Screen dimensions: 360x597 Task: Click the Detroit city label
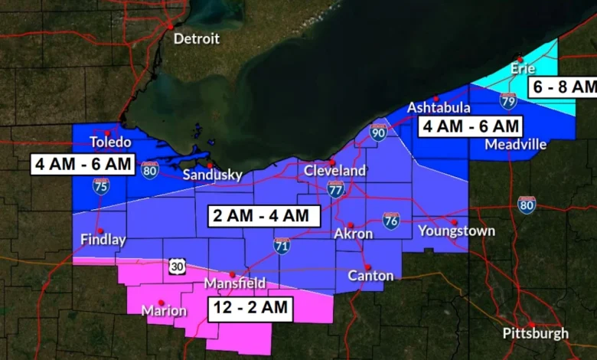[196, 38]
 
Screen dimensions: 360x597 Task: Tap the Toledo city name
[111, 142]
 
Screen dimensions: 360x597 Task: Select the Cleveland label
[335, 171]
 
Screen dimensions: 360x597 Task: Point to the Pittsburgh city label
[536, 333]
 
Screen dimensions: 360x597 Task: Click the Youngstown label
[456, 231]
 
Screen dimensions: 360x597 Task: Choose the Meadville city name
[516, 144]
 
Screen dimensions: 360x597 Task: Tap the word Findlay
[103, 240]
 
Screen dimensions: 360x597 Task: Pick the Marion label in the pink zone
[164, 311]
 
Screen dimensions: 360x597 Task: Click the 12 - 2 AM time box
[250, 309]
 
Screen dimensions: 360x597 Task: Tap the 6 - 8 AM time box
[562, 87]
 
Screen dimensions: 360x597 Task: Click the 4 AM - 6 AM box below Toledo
[83, 165]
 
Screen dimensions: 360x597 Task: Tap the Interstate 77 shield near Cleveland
[335, 189]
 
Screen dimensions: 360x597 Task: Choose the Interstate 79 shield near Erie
[508, 100]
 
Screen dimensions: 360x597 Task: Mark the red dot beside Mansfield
[232, 274]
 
